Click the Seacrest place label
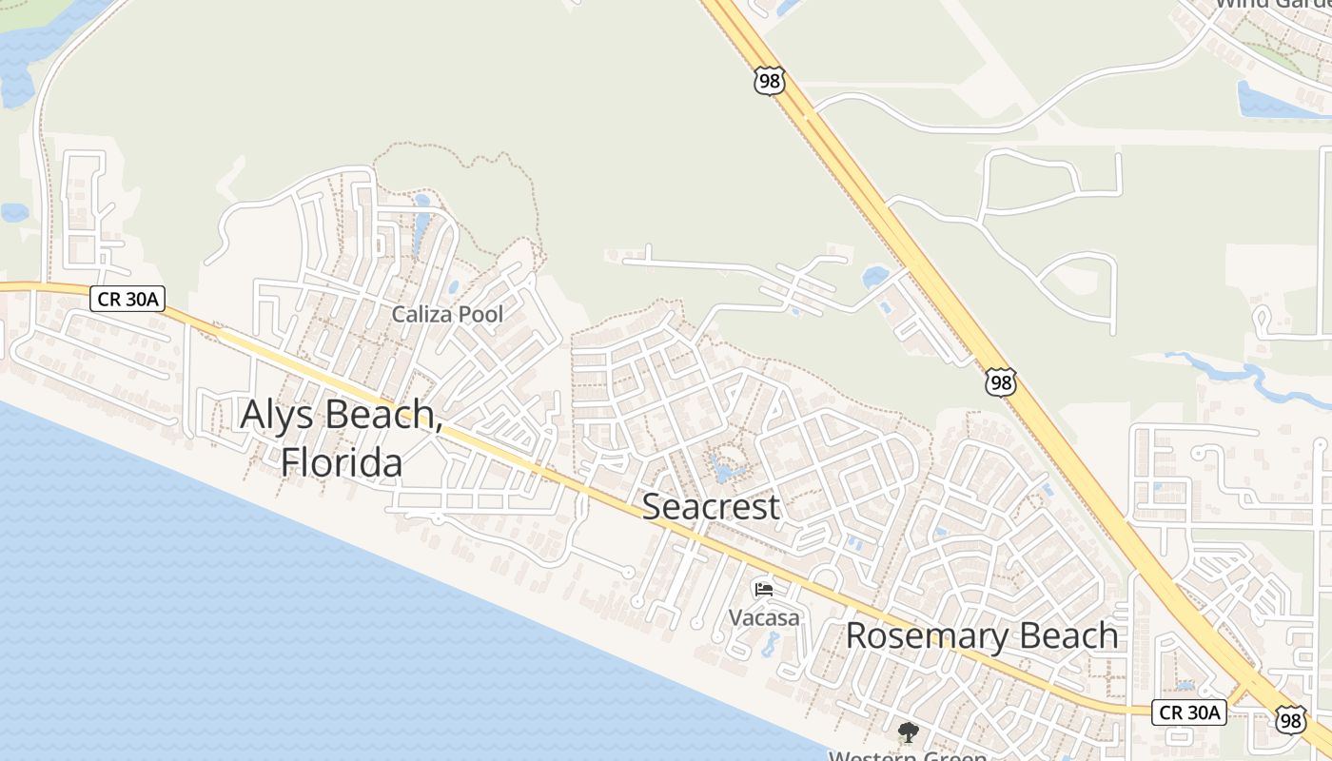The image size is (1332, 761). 711,506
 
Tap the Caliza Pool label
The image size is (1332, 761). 447,314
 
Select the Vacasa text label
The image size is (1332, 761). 764,617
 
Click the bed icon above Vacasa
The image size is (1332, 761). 764,589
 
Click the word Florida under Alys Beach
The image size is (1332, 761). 342,462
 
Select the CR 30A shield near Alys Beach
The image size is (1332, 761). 128,300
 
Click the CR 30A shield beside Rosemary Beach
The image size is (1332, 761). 1188,712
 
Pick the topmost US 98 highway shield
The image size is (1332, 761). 769,82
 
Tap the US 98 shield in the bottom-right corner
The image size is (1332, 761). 1291,720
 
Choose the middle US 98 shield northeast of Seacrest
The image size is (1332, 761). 1001,382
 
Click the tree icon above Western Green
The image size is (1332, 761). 909,732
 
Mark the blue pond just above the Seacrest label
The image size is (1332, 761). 725,469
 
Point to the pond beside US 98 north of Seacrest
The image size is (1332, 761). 874,277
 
